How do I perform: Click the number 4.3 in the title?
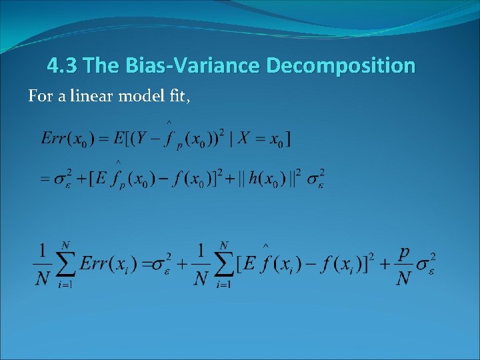click(x=64, y=66)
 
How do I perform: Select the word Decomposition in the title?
click(x=340, y=66)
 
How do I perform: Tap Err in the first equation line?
click(x=55, y=139)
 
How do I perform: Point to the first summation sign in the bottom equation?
click(x=65, y=263)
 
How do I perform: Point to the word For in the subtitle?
click(x=39, y=97)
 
